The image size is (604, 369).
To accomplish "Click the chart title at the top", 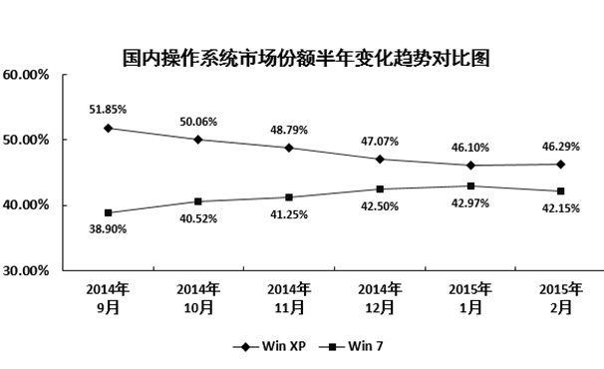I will [306, 57].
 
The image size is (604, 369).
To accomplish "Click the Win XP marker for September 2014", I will [108, 128].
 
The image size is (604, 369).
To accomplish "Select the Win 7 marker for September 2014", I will [108, 212].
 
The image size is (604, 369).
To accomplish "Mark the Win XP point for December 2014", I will [379, 159].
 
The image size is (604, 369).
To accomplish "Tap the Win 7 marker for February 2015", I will [560, 191].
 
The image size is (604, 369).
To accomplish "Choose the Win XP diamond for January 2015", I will [469, 166].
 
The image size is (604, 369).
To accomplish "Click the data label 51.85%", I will [108, 108].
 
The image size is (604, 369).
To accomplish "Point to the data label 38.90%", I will [108, 229].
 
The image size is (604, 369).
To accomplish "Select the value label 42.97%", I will [469, 203].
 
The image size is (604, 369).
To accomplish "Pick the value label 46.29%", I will [560, 146].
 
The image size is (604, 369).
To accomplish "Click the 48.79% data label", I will [289, 128].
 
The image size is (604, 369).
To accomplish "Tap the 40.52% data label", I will [198, 218].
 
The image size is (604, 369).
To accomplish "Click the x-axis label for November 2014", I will [289, 298].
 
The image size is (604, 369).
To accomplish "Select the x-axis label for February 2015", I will [560, 298].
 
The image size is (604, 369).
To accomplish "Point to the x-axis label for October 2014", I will [198, 298].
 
